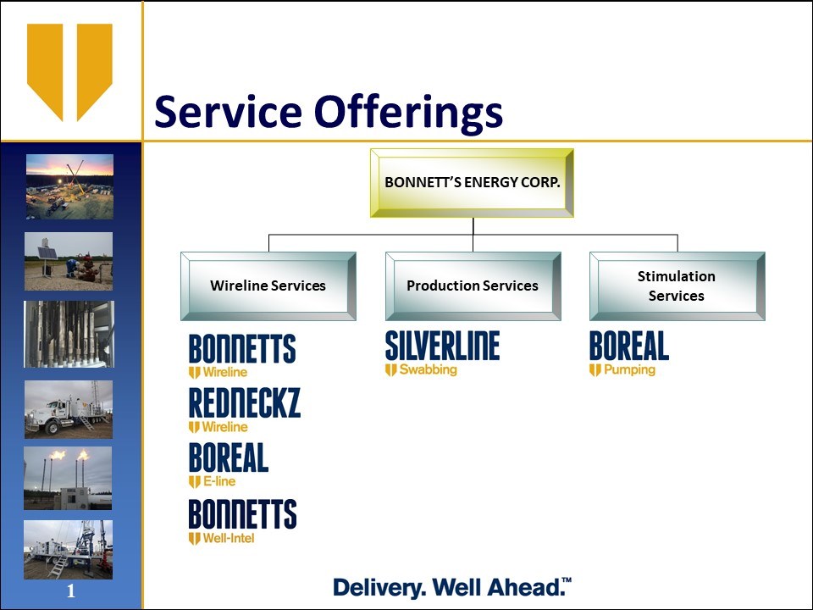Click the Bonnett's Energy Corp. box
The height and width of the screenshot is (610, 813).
[472, 183]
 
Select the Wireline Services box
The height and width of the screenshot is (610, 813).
[268, 286]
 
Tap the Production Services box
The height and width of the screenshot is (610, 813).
[473, 286]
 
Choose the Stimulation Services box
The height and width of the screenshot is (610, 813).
[677, 286]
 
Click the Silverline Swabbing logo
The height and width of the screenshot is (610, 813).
[442, 353]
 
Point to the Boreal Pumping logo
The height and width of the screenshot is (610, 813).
[629, 353]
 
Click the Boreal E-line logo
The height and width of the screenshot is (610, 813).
[228, 465]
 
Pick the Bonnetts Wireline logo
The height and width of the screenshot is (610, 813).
[242, 356]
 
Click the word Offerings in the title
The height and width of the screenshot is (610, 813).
[408, 112]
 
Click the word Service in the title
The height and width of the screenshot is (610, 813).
[228, 112]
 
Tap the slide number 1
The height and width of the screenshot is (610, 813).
[71, 591]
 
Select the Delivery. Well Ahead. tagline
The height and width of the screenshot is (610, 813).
[452, 587]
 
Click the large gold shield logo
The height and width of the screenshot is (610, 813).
[70, 72]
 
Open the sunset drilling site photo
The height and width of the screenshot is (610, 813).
[70, 186]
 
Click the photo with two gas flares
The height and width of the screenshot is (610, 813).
[68, 478]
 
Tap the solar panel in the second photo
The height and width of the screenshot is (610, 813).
[47, 253]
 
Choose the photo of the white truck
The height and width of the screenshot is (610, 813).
[69, 409]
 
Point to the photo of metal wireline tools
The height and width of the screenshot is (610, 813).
[69, 334]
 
